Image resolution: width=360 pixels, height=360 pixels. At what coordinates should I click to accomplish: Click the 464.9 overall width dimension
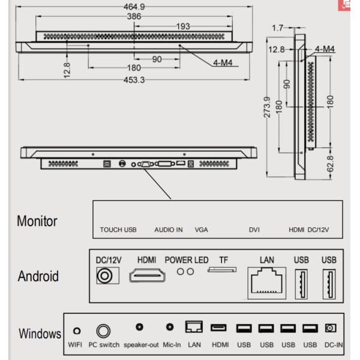click(x=134, y=7)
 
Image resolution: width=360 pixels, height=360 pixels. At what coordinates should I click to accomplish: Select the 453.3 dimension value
click(x=134, y=80)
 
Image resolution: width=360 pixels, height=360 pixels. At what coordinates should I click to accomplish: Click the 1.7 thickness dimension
click(x=277, y=27)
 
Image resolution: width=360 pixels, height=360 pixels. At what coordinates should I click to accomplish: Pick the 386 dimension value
click(x=134, y=17)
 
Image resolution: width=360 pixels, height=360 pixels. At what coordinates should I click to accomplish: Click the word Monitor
click(x=37, y=221)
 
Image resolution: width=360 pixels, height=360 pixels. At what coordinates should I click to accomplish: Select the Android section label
click(x=38, y=276)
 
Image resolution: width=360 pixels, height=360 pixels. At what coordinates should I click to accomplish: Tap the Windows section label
click(x=40, y=334)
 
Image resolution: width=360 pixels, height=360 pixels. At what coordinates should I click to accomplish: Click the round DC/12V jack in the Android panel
click(x=107, y=275)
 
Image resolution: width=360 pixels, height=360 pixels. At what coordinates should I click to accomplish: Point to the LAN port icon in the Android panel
click(x=266, y=281)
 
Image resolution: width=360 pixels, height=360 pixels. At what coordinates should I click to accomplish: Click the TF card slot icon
click(x=223, y=271)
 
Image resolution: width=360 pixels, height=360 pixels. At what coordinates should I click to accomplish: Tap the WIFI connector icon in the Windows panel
click(x=76, y=331)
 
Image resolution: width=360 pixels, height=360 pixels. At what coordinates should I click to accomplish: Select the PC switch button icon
click(x=104, y=331)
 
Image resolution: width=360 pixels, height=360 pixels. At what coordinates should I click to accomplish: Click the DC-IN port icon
click(x=329, y=328)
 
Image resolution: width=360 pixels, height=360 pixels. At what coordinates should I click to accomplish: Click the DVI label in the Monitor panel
click(x=254, y=230)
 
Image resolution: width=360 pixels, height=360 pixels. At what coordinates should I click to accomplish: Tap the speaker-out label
click(x=141, y=345)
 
